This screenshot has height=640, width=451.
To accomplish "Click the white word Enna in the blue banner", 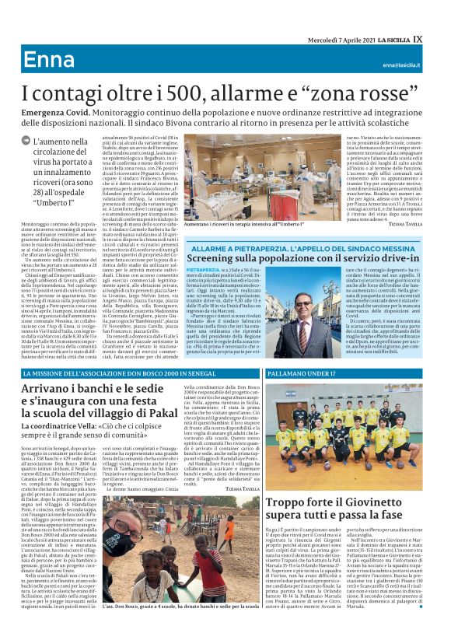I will [47, 60].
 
